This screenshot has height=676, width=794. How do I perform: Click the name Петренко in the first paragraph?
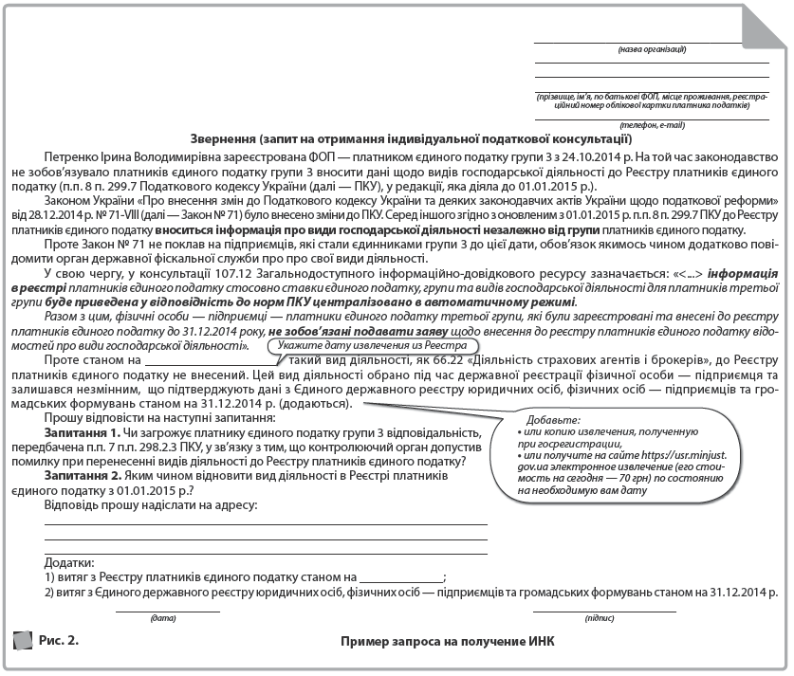pyautogui.click(x=69, y=155)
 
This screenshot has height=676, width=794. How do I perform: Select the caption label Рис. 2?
pyautogui.click(x=59, y=641)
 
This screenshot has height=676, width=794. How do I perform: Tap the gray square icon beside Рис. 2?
pyautogui.click(x=22, y=641)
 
